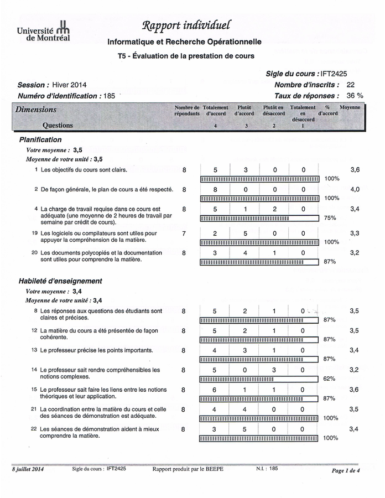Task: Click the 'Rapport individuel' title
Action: point(186,25)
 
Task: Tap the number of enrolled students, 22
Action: point(350,85)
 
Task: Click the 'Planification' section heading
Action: point(40,139)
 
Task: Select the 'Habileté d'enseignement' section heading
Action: point(60,281)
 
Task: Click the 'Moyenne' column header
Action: point(350,107)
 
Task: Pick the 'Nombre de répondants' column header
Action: point(187,110)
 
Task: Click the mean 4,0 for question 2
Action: point(355,189)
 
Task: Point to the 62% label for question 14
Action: point(330,379)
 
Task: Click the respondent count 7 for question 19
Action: point(184,234)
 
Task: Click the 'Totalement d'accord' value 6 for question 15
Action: point(215,390)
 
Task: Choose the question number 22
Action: point(34,429)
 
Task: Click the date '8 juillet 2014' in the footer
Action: point(28,469)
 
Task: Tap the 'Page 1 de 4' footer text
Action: point(345,470)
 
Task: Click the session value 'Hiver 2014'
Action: point(69,85)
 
